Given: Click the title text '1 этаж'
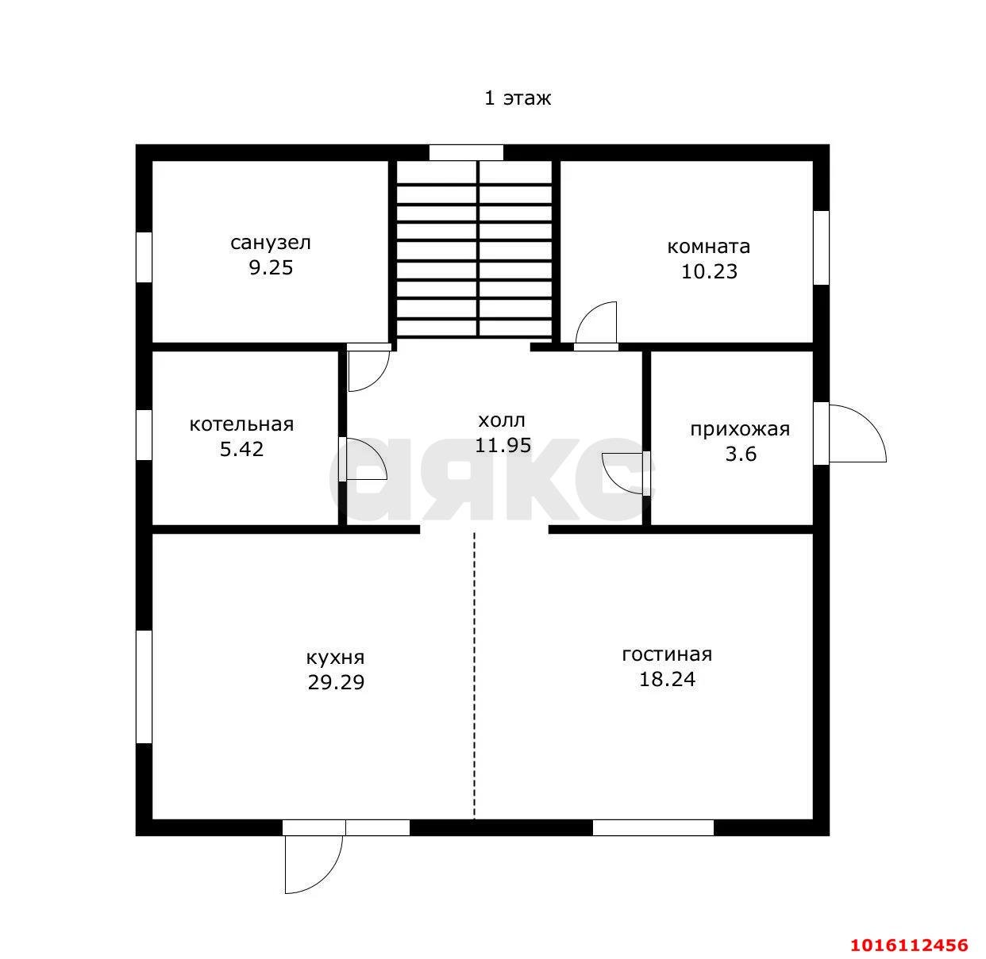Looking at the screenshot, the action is pos(518,98).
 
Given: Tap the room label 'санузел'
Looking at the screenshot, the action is pos(271,243).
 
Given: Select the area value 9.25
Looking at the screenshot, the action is pos(271,267).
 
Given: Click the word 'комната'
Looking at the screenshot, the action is pos(708,247).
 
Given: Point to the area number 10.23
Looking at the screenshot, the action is pos(708,271).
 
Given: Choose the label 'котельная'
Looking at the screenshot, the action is pos(241,424).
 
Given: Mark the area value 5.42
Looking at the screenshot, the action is pos(241,449).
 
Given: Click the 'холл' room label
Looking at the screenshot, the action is pos(502,420).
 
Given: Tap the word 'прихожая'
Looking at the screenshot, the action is pos(740,429).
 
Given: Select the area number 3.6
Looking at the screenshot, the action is pos(740,454).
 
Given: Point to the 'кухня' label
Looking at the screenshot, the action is pos(336,658).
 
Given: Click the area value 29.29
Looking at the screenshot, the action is pos(336,682).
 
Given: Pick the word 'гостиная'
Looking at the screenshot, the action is pos(667,654).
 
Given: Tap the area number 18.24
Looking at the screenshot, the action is pos(667,679).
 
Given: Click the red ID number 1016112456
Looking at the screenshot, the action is pos(909,945).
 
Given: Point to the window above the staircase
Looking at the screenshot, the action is pos(466,152).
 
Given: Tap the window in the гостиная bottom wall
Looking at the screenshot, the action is pos(653,827).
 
